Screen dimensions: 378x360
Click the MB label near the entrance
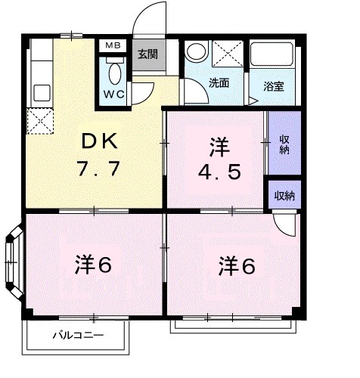[113, 46]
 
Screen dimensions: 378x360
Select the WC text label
[113, 94]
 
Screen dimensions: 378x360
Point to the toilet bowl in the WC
[114, 74]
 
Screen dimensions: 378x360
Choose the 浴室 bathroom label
[275, 85]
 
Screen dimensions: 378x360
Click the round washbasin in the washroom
[196, 53]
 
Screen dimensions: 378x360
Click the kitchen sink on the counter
[41, 91]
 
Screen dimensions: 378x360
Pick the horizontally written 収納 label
[284, 196]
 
